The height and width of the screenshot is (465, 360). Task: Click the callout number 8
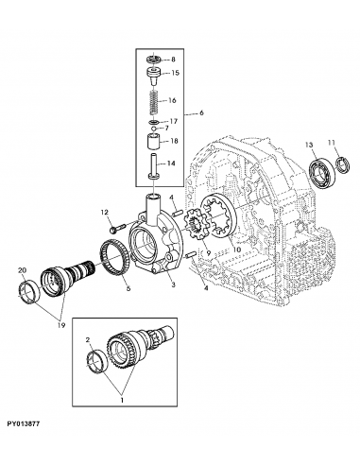[x=173, y=60]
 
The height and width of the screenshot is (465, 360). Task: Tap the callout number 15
[x=174, y=73]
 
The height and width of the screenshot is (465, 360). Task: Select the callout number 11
[x=331, y=143]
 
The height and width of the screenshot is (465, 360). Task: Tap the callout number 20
[x=22, y=270]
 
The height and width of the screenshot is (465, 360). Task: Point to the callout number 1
[x=120, y=400]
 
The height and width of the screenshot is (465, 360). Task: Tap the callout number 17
[x=173, y=121]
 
